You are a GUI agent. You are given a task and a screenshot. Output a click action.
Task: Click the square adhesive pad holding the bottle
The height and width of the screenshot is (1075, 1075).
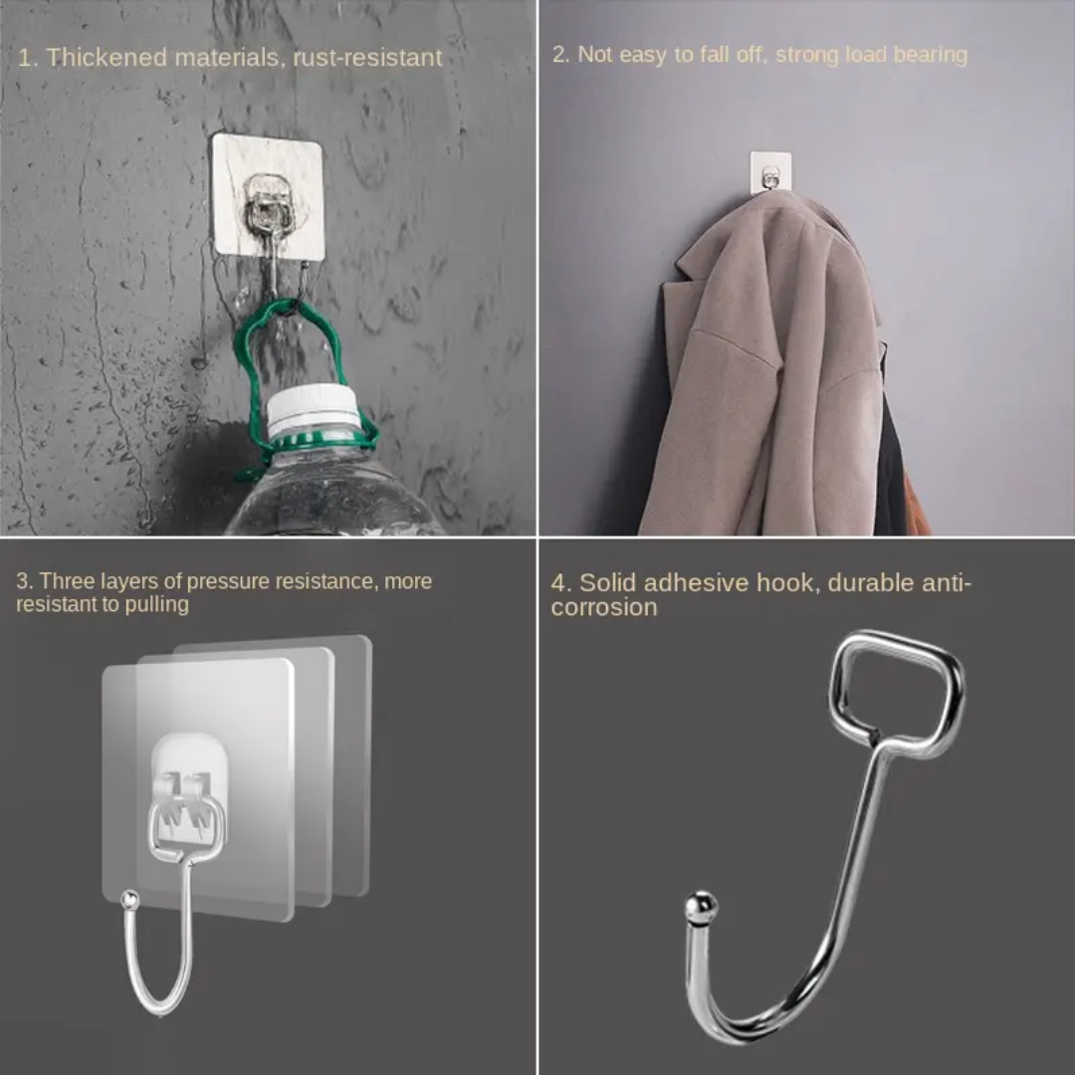(268, 197)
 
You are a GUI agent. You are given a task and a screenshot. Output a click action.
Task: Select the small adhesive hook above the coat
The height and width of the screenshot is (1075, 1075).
(770, 171)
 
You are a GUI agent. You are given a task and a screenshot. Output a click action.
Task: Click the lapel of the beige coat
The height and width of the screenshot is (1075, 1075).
(700, 261)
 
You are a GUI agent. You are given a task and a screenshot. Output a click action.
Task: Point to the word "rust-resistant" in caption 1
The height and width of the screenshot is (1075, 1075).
(367, 58)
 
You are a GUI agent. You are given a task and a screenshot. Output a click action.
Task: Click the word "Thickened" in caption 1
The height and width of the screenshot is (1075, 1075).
(107, 57)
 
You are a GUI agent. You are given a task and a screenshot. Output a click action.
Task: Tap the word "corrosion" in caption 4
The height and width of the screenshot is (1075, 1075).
(604, 607)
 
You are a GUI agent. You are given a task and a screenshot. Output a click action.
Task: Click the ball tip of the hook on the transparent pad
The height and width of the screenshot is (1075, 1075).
(129, 899)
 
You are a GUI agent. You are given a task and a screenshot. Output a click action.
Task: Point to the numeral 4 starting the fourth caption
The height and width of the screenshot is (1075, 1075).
(558, 583)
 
